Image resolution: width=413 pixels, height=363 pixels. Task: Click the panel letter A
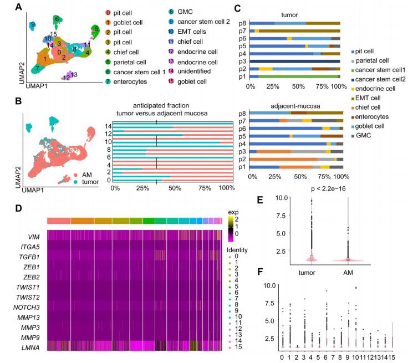(18, 8)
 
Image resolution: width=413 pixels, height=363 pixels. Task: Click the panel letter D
(18, 209)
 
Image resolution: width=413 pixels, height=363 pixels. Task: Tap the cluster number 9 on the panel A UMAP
(34, 24)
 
